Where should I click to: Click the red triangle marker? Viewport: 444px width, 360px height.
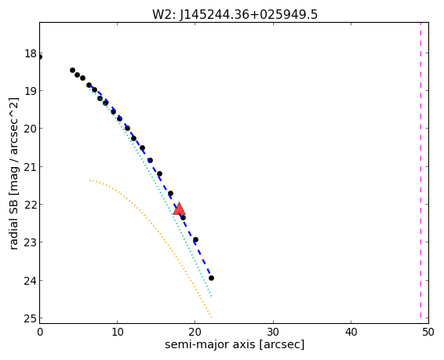[x=179, y=209]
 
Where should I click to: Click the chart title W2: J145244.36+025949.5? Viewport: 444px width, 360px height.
[x=235, y=14]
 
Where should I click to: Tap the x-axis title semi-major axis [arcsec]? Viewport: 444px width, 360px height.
[x=235, y=345]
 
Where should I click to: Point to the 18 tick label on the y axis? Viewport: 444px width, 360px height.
[x=31, y=53]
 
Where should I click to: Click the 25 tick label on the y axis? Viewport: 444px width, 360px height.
[x=31, y=318]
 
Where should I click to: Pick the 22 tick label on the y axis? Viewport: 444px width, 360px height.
[x=31, y=205]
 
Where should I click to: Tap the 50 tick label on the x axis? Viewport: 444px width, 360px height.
[x=428, y=332]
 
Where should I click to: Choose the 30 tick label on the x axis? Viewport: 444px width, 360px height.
[x=273, y=332]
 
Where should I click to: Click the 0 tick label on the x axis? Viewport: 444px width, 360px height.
[x=40, y=332]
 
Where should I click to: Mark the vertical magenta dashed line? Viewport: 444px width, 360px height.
[x=420, y=173]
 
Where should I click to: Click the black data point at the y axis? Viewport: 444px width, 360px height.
[x=40, y=57]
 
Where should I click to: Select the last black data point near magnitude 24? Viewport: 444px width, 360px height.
[x=211, y=278]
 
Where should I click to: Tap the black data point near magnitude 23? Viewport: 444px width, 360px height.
[x=195, y=240]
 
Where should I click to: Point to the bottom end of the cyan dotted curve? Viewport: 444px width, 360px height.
[x=212, y=296]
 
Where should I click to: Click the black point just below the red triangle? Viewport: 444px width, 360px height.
[x=184, y=217]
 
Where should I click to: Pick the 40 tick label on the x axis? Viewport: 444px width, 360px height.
[x=351, y=332]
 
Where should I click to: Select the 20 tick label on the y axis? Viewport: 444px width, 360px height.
[x=31, y=129]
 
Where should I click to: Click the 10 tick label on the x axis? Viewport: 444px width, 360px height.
[x=117, y=332]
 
